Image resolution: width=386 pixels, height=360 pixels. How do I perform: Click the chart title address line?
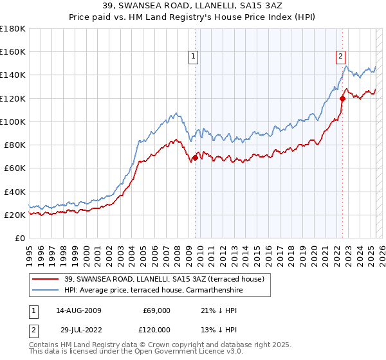pos(193,5)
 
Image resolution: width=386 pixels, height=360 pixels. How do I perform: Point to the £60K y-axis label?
pos(15,168)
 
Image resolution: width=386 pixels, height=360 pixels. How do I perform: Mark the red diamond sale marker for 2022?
pos(342,98)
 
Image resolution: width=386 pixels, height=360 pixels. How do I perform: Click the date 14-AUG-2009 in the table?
pos(79,310)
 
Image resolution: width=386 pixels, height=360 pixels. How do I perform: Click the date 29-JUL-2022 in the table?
pos(78,330)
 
